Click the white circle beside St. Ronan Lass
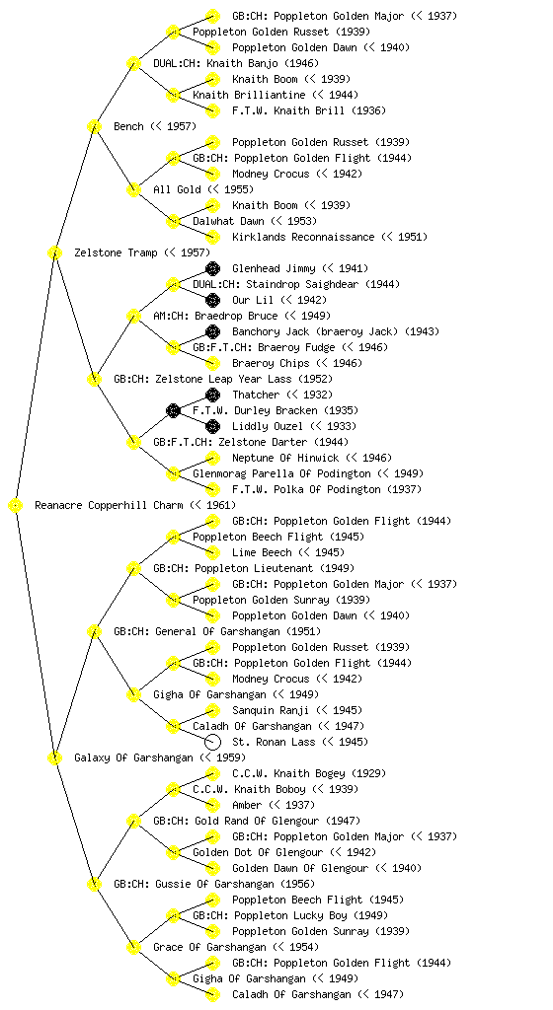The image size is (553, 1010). click(x=212, y=742)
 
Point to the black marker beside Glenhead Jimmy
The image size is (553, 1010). click(x=212, y=268)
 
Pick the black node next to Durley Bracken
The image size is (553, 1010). click(x=173, y=410)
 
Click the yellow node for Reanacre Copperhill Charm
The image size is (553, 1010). click(x=16, y=505)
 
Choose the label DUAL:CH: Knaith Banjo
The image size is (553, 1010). click(x=236, y=63)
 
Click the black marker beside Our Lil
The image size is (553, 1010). click(x=212, y=300)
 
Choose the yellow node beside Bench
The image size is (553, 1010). click(x=94, y=126)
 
